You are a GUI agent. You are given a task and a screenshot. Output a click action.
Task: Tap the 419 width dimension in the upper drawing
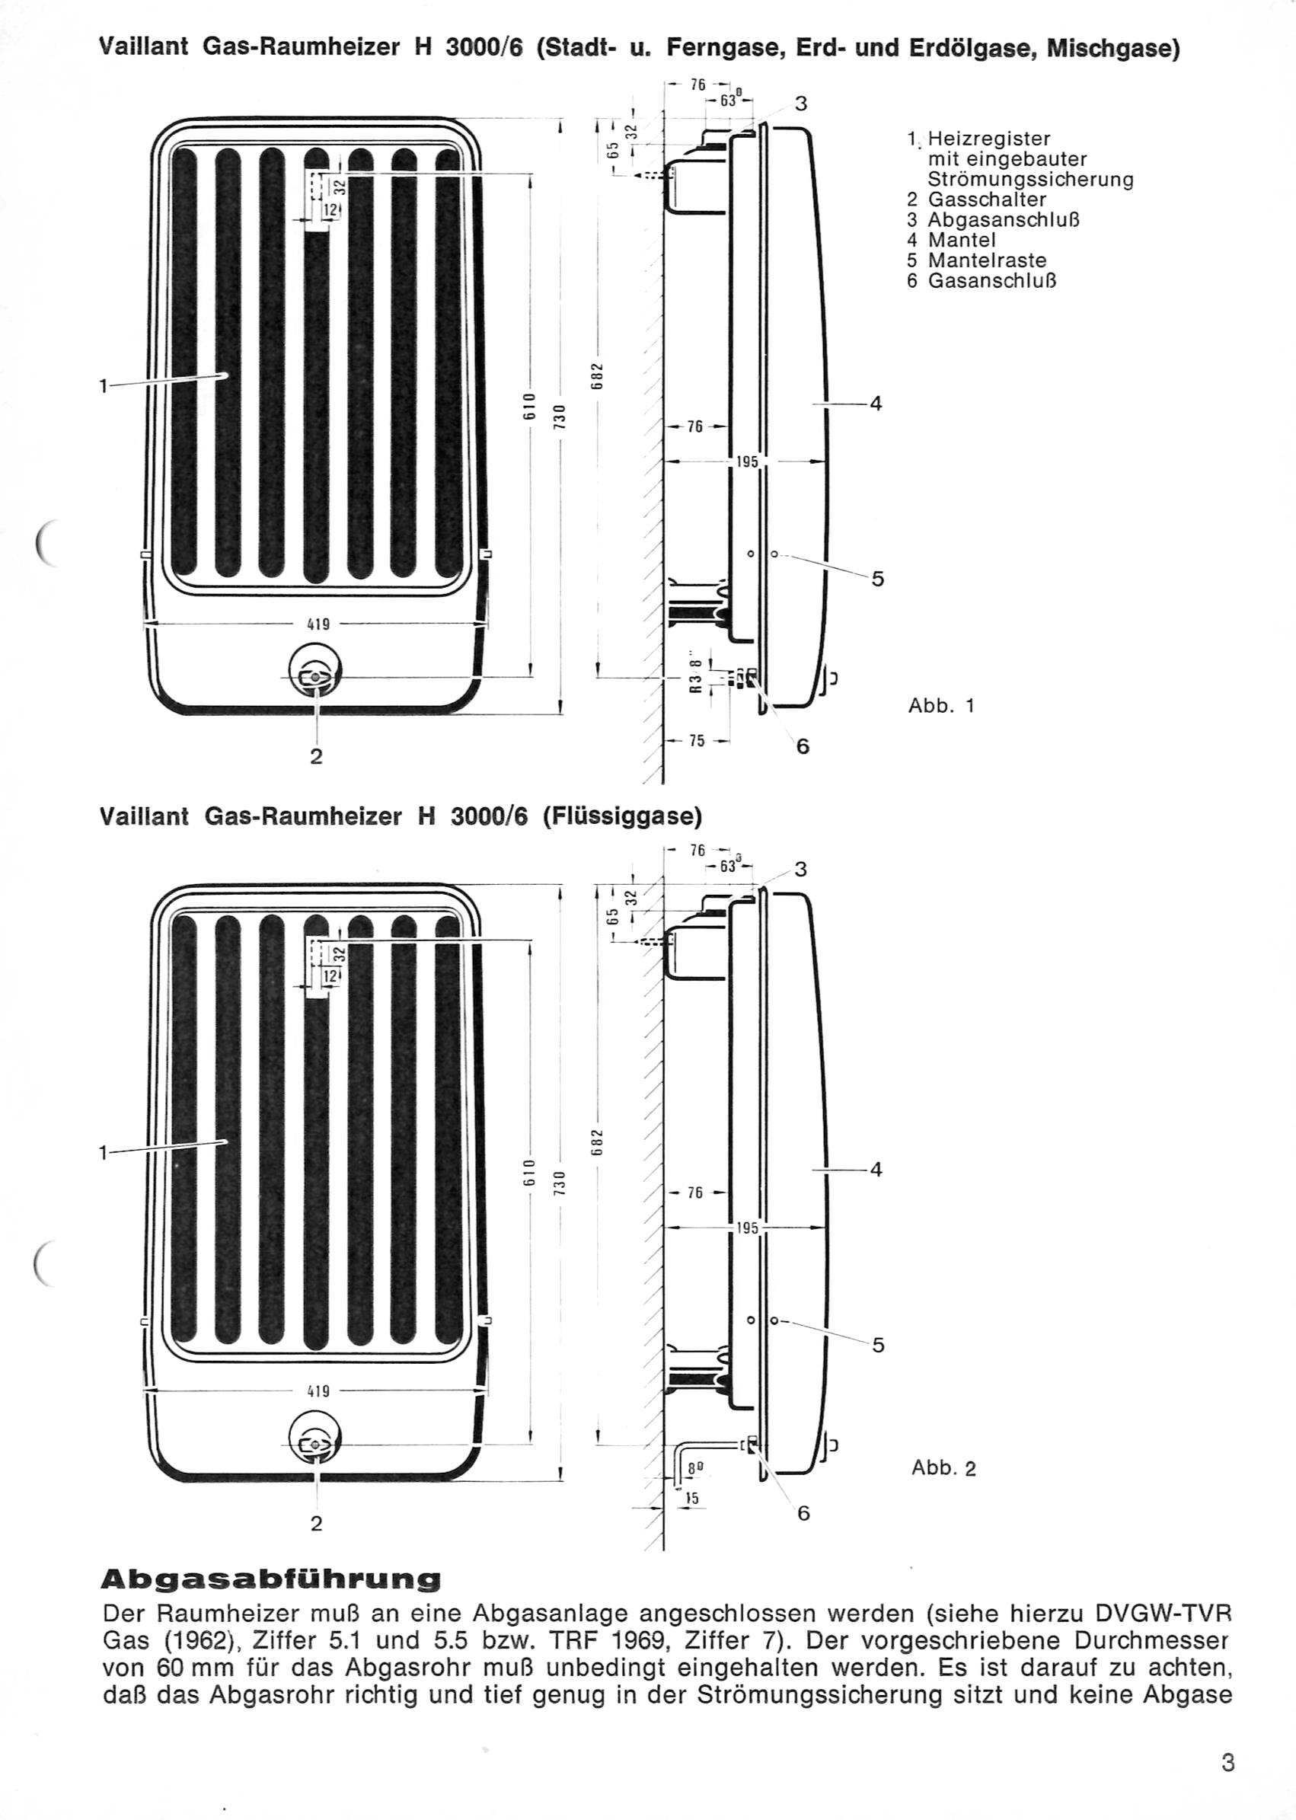pyautogui.click(x=318, y=624)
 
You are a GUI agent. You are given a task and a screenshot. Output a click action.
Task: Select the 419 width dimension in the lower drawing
pyautogui.click(x=318, y=1391)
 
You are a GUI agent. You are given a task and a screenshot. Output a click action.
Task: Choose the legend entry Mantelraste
pyautogui.click(x=977, y=260)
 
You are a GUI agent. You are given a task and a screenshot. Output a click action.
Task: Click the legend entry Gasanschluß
pyautogui.click(x=982, y=281)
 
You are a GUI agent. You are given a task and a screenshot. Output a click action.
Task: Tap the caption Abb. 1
pyautogui.click(x=942, y=705)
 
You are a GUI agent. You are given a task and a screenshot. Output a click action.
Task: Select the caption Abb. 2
pyautogui.click(x=944, y=1468)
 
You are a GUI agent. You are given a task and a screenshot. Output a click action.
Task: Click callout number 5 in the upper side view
pyautogui.click(x=878, y=580)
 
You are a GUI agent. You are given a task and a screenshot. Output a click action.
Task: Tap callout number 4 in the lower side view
pyautogui.click(x=876, y=1170)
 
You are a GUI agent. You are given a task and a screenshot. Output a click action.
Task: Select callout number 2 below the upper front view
pyautogui.click(x=316, y=756)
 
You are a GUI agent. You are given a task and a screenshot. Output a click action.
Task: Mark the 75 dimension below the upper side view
pyautogui.click(x=697, y=740)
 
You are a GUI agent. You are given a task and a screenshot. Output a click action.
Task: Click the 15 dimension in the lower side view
pyautogui.click(x=692, y=1499)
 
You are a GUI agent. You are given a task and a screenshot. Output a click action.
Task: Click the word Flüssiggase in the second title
pyautogui.click(x=622, y=817)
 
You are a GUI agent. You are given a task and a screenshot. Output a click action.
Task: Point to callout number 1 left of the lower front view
pyautogui.click(x=103, y=1152)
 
